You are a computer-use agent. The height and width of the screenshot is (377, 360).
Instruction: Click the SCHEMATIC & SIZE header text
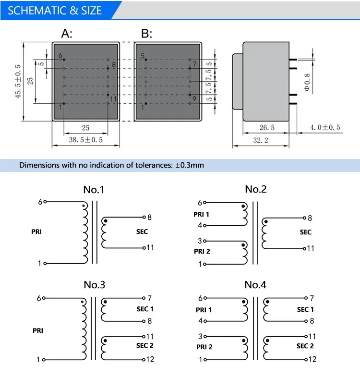coord(55,11)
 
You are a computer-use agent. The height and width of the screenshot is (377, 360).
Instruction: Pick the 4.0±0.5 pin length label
coord(324,128)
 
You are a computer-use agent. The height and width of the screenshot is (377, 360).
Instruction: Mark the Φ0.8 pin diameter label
coord(308,82)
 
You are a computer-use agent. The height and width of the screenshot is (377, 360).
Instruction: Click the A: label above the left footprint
coord(67,34)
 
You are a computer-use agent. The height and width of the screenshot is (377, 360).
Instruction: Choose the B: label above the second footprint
coord(146,34)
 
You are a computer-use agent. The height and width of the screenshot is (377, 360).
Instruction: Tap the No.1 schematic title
coord(94,189)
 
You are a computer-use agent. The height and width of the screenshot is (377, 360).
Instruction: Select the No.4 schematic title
coord(255,285)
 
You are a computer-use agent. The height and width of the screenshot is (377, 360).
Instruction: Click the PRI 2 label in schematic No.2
coord(202,251)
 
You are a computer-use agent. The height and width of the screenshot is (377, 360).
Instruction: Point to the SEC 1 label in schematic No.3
coord(145,309)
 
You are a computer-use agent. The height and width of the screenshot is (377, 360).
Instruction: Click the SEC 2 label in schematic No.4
coord(305,346)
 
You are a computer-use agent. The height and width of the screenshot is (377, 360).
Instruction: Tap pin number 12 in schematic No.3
coord(150,359)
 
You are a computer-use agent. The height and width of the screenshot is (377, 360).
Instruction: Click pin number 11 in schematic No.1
coord(150,248)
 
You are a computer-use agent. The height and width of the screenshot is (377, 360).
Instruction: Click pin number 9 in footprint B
coord(194,99)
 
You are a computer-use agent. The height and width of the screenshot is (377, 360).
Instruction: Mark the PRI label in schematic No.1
coord(36,232)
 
